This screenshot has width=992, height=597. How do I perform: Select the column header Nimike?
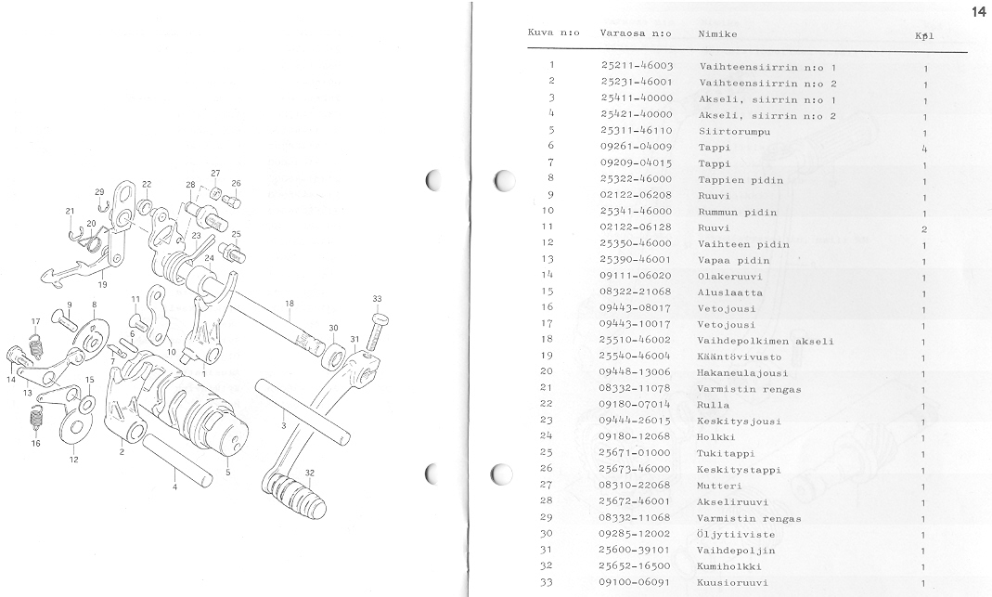pos(717,33)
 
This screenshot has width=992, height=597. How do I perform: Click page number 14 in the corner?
pos(979,11)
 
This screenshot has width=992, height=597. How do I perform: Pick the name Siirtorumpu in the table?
pos(733,132)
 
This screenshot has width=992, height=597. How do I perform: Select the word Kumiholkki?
pos(730,566)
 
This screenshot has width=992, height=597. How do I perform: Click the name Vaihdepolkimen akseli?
pos(765,341)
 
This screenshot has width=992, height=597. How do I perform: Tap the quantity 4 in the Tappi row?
pos(925,148)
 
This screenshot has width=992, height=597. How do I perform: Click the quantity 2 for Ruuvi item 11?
pos(925,228)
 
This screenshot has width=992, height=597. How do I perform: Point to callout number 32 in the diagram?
pos(309,473)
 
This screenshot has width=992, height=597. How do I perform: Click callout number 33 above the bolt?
pos(376,299)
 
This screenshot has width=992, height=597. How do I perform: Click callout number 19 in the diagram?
pos(102,285)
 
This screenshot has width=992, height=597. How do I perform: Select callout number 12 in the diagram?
pos(73,460)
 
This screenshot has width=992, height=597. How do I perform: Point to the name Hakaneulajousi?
pos(739,373)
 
